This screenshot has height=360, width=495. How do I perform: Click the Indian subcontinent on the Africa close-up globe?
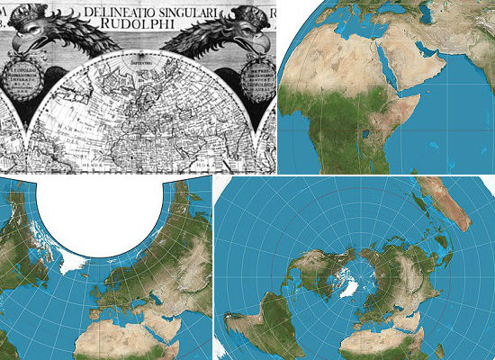(477, 63)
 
